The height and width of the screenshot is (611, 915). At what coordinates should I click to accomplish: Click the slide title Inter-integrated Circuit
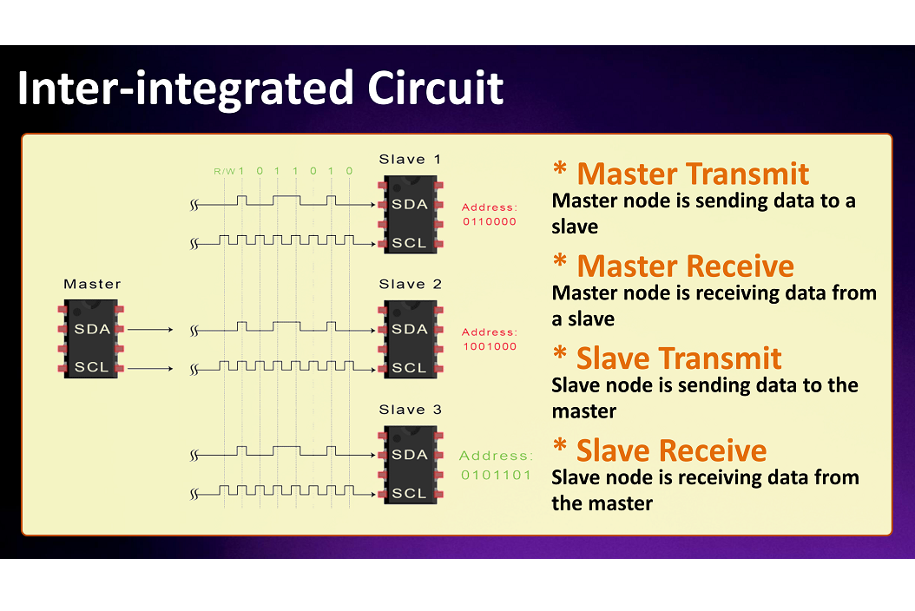[260, 89]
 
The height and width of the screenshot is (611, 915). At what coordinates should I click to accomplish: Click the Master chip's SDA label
[92, 330]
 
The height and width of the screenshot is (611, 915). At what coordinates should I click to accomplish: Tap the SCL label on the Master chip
[92, 367]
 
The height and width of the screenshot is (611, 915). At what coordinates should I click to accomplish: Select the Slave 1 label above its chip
[410, 159]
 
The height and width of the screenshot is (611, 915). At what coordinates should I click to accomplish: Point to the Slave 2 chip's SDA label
[410, 330]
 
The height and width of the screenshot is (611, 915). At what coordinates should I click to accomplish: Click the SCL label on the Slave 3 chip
[410, 493]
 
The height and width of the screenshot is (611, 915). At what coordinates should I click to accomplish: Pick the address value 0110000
[490, 221]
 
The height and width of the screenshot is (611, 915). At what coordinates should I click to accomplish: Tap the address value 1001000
[490, 346]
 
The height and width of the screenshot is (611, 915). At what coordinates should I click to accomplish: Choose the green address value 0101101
[496, 475]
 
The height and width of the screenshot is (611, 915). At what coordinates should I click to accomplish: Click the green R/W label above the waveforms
[224, 172]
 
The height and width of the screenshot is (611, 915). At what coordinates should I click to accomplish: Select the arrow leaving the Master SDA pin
[155, 330]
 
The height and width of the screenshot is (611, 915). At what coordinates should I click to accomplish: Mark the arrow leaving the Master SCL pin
[155, 368]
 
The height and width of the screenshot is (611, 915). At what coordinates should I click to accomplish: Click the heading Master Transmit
[692, 174]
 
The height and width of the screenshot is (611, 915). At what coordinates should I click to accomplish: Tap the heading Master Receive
[684, 266]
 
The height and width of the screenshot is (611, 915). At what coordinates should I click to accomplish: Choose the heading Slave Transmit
[678, 358]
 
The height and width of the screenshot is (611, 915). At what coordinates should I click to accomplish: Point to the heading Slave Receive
[671, 450]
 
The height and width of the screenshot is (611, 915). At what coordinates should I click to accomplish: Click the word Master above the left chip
[92, 284]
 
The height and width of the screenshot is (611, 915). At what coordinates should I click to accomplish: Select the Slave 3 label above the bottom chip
[410, 410]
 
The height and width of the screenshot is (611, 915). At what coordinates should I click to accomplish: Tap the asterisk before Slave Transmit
[561, 355]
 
